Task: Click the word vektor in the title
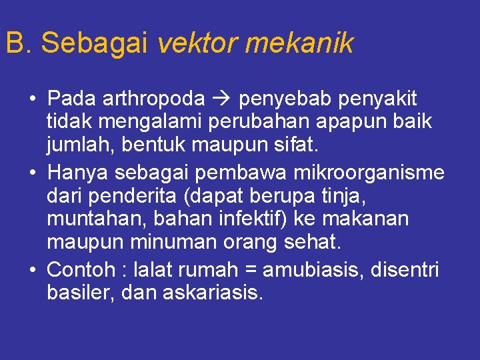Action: pyautogui.click(x=198, y=44)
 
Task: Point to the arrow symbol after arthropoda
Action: pyautogui.click(x=222, y=99)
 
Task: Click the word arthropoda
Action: pyautogui.click(x=155, y=99)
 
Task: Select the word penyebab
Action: pyautogui.click(x=285, y=99)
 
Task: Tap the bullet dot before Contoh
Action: pyautogui.click(x=32, y=270)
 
